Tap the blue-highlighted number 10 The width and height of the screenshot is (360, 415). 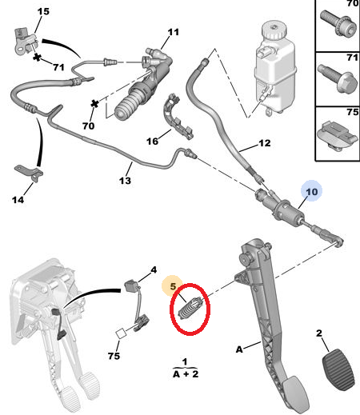point(311,191)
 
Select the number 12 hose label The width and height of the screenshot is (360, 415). point(265,145)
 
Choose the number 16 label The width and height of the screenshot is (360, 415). point(153,141)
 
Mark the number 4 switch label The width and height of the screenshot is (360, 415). point(154,270)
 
